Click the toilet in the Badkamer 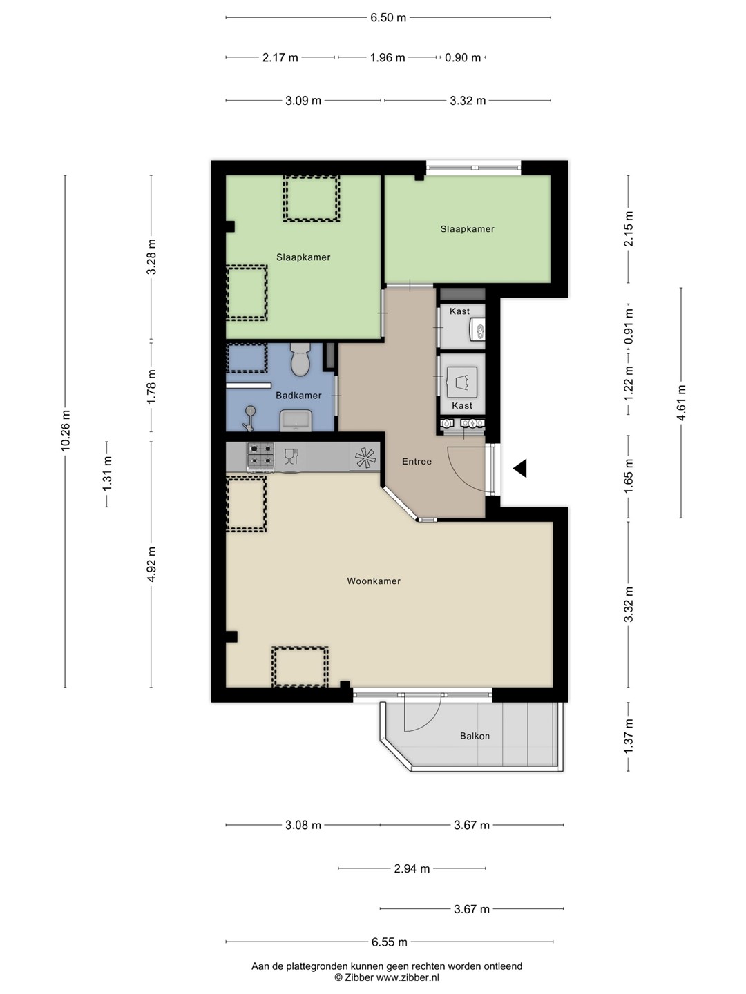click(300, 359)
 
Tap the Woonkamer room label click(374, 581)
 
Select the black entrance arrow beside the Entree click(520, 468)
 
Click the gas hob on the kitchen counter click(260, 455)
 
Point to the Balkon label click(475, 736)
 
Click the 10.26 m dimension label click(66, 430)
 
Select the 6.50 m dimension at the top click(388, 18)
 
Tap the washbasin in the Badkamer click(296, 420)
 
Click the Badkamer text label click(298, 396)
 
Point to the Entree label click(417, 462)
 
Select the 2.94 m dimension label click(412, 868)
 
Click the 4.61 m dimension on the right click(681, 402)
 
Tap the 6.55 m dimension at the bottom click(390, 942)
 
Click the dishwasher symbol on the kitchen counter click(291, 456)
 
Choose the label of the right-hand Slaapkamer click(468, 229)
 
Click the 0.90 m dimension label click(463, 58)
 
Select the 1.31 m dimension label click(107, 474)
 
